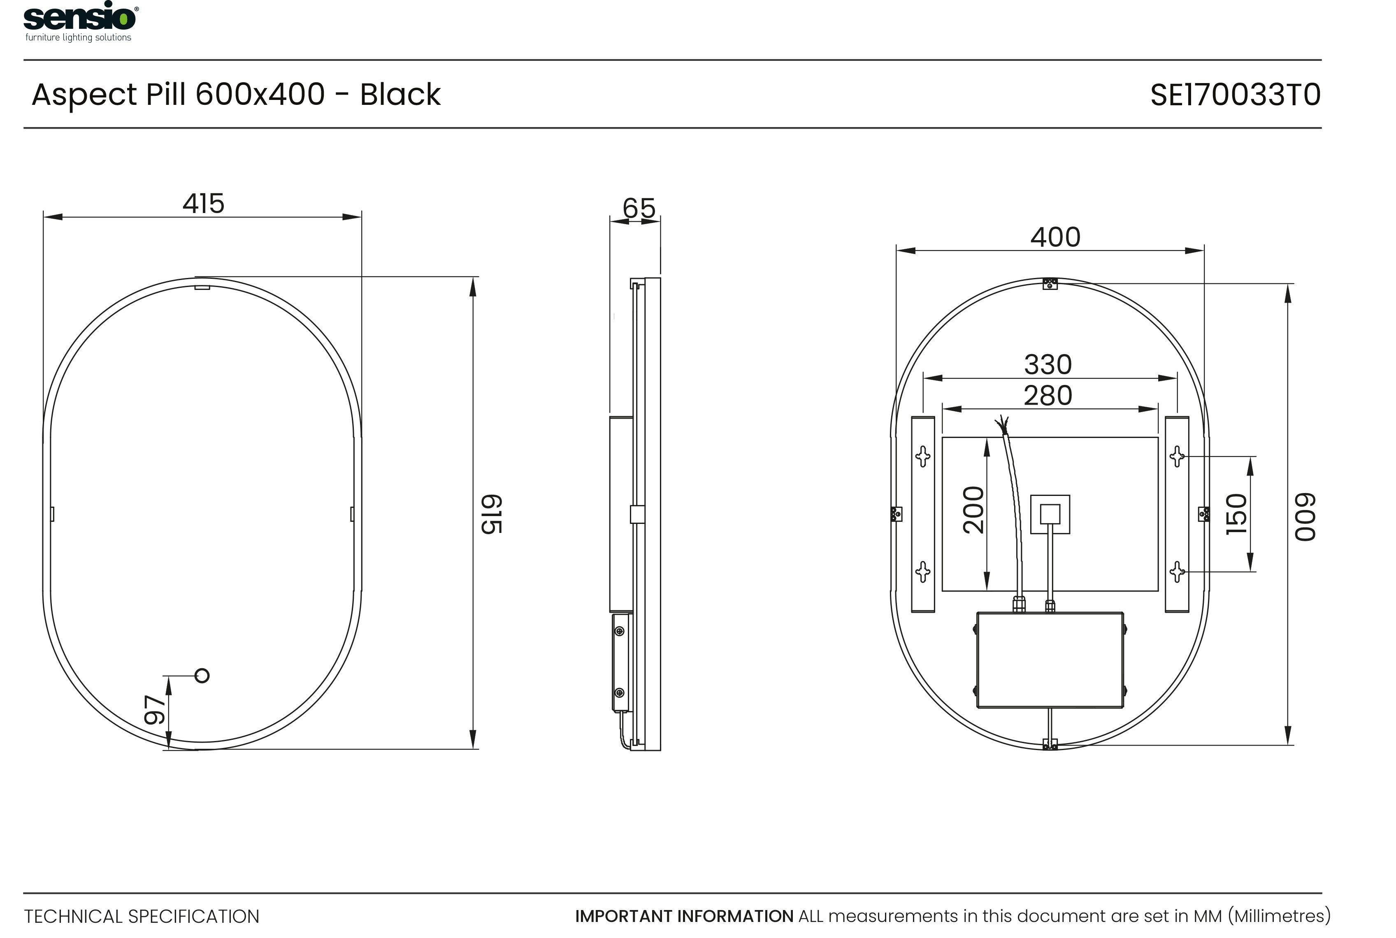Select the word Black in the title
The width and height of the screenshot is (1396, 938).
tap(400, 95)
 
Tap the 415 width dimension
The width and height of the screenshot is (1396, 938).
tap(203, 204)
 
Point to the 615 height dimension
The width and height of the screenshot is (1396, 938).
tap(492, 514)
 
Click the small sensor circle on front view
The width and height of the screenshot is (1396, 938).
tap(202, 676)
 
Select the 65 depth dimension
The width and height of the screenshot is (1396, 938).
tap(639, 208)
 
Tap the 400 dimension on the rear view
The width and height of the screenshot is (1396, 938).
tap(1055, 238)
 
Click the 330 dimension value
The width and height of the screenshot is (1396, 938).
tap(1048, 365)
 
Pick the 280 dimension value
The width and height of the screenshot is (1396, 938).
tap(1048, 396)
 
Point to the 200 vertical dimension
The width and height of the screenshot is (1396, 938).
tap(973, 510)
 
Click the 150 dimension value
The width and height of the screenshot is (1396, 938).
tap(1236, 514)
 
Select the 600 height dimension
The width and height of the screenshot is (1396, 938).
tap(1305, 517)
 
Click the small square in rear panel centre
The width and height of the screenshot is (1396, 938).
tap(1050, 514)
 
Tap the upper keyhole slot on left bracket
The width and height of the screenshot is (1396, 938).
tap(923, 456)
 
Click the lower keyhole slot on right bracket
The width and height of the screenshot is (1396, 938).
tap(1177, 572)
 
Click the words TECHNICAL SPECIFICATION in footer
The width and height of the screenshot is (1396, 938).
tap(142, 917)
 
